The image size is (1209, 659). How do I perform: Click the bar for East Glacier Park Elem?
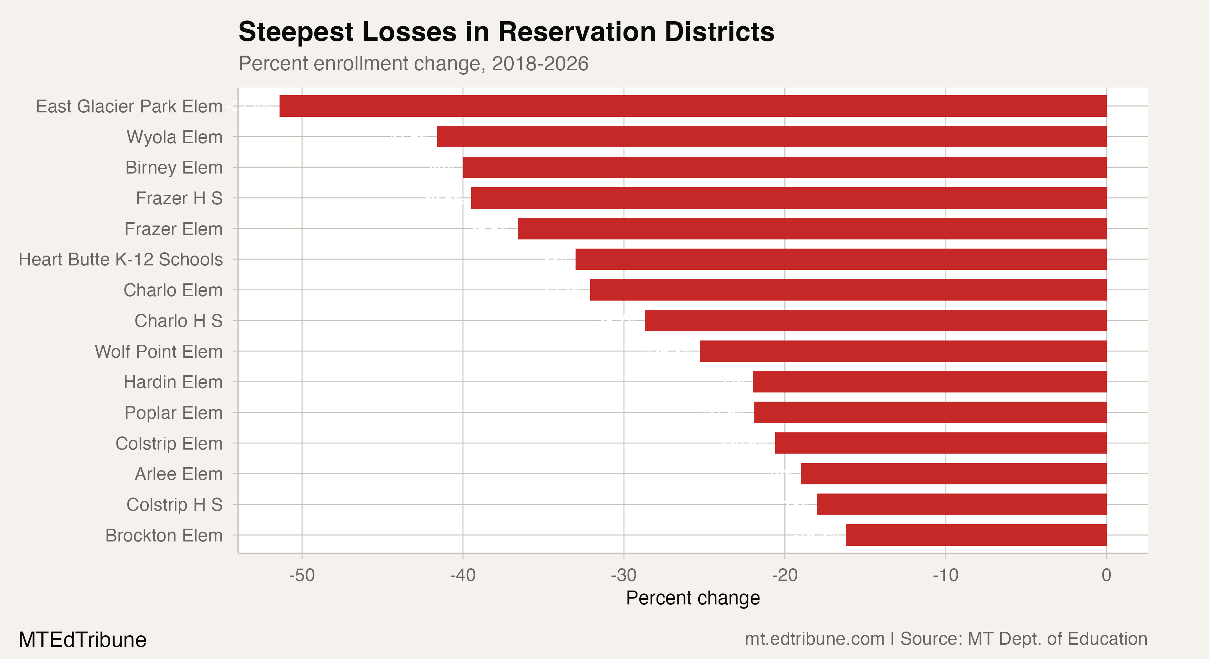tap(693, 106)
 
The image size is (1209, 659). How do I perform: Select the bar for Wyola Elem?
tap(772, 137)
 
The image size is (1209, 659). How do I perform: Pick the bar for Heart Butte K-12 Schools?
tap(841, 259)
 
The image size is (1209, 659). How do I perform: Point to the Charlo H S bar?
tap(876, 321)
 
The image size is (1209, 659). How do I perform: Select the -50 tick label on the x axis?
tap(302, 575)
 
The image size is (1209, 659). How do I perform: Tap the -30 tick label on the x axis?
tap(624, 575)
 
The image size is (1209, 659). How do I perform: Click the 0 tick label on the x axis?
tap(1106, 575)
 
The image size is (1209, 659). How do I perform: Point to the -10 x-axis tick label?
tap(945, 575)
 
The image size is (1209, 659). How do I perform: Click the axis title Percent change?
tap(693, 599)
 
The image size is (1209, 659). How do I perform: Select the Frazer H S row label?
tap(179, 198)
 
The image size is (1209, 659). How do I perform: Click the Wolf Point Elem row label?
tap(159, 352)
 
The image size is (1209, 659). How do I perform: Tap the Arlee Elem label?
tap(178, 474)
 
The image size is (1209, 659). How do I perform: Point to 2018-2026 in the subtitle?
tap(540, 64)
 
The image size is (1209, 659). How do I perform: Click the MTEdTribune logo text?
tap(82, 640)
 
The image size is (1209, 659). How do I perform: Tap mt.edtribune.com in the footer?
tap(814, 639)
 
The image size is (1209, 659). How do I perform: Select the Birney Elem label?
tap(174, 167)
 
